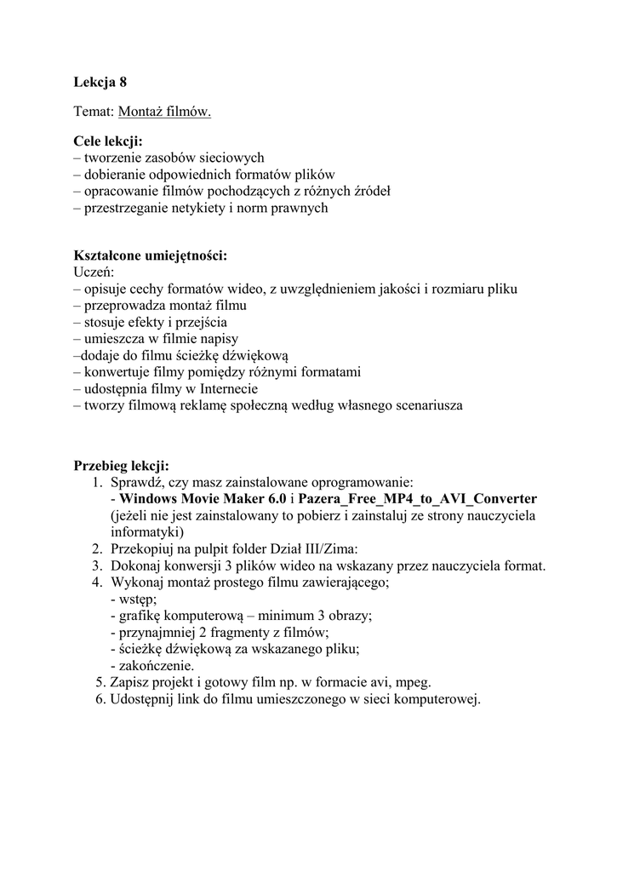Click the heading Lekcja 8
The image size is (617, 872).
100,83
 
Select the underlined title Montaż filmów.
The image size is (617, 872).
165,112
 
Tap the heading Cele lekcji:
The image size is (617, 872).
107,141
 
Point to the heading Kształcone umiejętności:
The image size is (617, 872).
151,255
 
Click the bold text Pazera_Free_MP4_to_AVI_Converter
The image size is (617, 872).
417,498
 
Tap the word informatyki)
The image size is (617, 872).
147,532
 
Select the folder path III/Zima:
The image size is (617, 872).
330,549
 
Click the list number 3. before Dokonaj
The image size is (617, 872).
97,565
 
